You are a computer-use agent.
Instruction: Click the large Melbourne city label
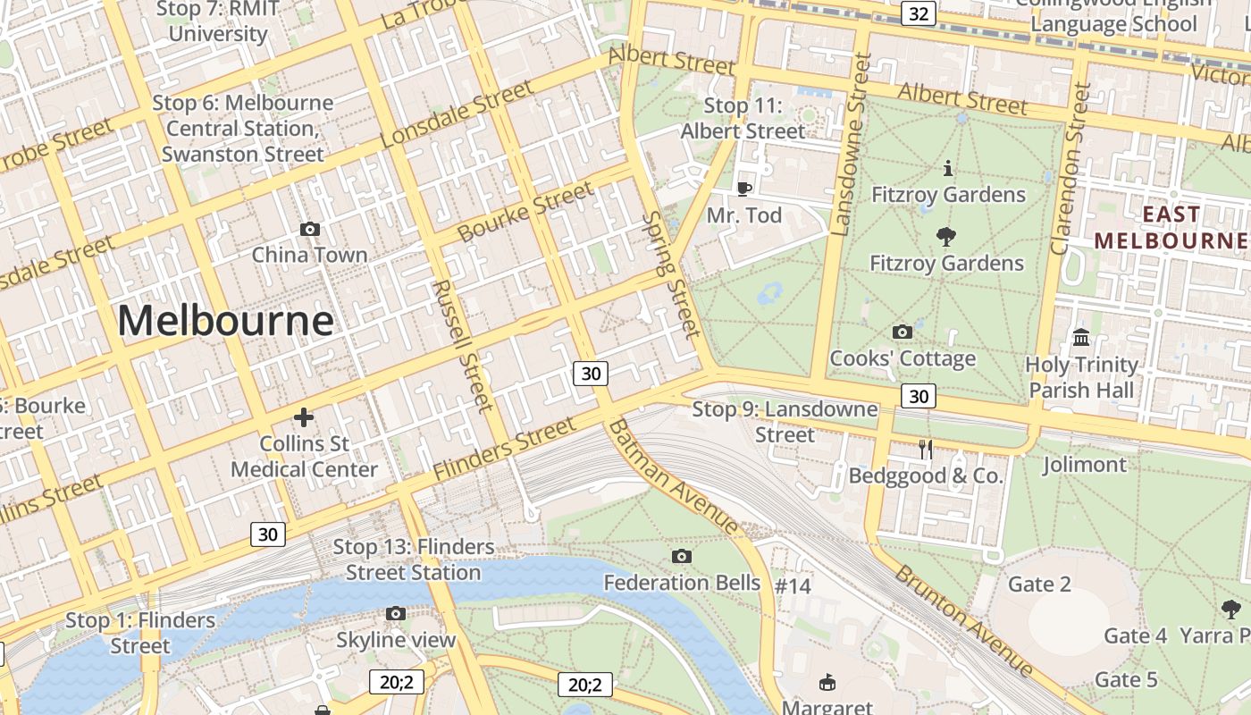(225, 320)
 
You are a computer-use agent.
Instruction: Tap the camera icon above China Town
(310, 230)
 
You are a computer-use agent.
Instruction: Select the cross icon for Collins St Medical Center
(304, 417)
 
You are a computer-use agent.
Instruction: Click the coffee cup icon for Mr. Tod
(743, 189)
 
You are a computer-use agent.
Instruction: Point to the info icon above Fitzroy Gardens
(947, 168)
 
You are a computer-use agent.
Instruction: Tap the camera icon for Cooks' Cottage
(903, 332)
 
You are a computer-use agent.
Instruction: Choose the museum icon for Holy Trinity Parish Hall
(1081, 338)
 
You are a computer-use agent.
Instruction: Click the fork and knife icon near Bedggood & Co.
(926, 450)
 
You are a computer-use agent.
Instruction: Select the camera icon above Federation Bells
(682, 557)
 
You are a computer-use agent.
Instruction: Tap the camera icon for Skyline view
(396, 613)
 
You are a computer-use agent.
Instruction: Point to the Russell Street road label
(463, 346)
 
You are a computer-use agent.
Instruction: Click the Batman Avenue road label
(674, 477)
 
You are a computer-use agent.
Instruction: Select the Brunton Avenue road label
(964, 620)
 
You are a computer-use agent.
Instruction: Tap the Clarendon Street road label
(1071, 169)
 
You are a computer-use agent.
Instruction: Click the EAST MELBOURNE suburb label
(1171, 228)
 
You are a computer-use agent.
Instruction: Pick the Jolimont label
(1084, 465)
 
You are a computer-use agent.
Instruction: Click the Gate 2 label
(1038, 585)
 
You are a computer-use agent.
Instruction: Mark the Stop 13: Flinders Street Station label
(414, 559)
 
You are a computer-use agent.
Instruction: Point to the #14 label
(793, 586)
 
